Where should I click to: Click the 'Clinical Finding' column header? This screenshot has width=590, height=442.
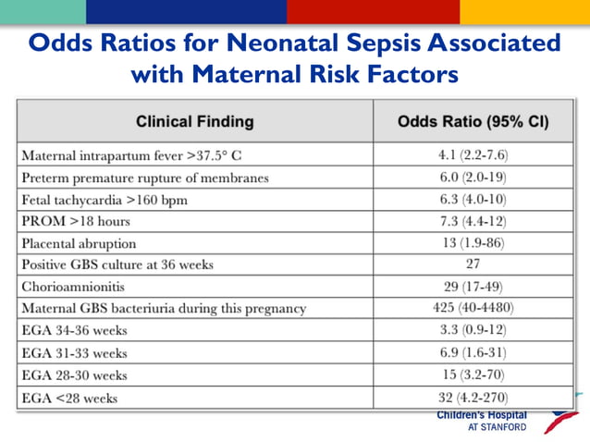coord(194,121)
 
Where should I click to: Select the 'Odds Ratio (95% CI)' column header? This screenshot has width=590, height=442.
coord(473,121)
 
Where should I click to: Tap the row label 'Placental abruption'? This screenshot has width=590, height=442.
coord(79,243)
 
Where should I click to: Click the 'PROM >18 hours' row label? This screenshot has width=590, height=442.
coord(76,221)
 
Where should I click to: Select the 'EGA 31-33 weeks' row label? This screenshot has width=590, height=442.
coord(74,353)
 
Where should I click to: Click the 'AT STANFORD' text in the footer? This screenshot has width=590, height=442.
coord(497,427)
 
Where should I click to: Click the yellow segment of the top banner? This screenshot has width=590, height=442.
coord(524,11)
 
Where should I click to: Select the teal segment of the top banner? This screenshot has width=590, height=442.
coord(43,11)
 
